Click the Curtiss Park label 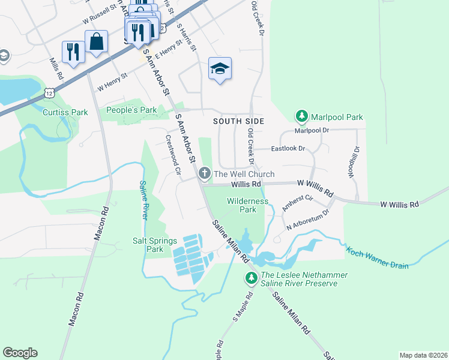tap(65, 112)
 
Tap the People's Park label tap(131, 110)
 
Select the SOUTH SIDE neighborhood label tap(236, 121)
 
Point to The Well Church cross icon tap(205, 174)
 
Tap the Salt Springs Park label tap(155, 244)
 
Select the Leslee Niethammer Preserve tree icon tap(251, 278)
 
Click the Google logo tap(20, 353)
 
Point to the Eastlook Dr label tap(288, 148)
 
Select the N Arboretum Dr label tap(308, 220)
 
